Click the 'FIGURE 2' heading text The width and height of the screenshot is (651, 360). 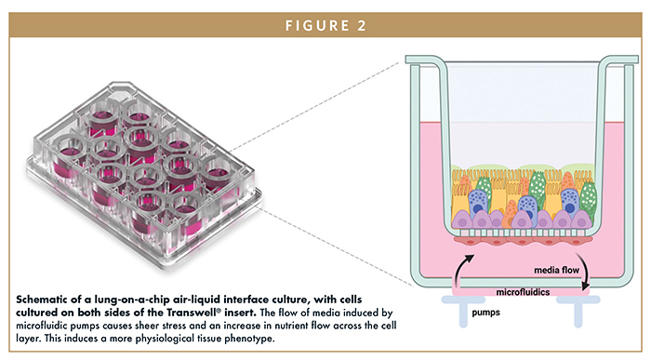[x=325, y=17]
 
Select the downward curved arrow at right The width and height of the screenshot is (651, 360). [x=580, y=261]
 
